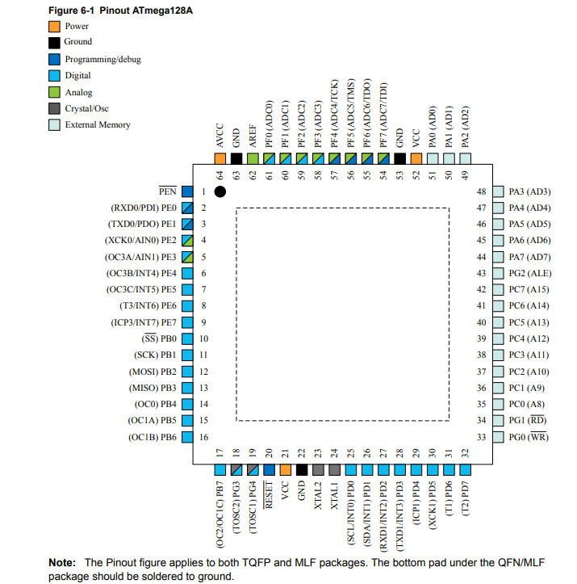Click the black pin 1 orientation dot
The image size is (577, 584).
pyautogui.click(x=220, y=191)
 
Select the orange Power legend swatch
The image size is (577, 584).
pyautogui.click(x=55, y=25)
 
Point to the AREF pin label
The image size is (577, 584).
pyautogui.click(x=253, y=135)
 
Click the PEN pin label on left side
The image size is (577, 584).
pyautogui.click(x=167, y=191)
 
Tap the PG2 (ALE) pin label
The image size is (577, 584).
pyautogui.click(x=530, y=273)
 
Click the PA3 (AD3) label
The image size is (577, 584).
pyautogui.click(x=529, y=191)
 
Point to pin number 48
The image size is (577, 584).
pyautogui.click(x=482, y=191)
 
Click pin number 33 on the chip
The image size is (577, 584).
pyautogui.click(x=482, y=437)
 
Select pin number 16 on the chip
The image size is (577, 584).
pyautogui.click(x=204, y=437)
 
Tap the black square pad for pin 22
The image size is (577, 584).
pyautogui.click(x=302, y=469)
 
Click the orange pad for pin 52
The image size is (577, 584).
pyautogui.click(x=416, y=159)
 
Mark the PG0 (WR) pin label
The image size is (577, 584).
pyautogui.click(x=529, y=437)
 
